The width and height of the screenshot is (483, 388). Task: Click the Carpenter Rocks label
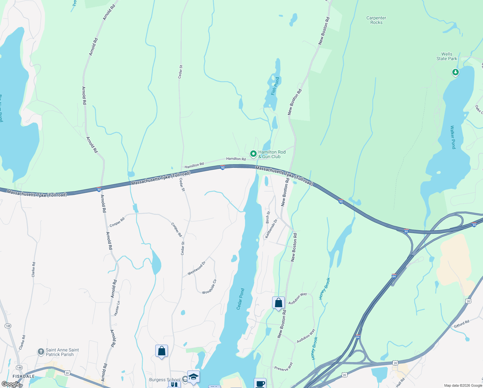(376, 20)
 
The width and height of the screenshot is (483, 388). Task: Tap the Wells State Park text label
(447, 57)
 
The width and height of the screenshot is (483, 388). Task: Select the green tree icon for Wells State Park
(455, 72)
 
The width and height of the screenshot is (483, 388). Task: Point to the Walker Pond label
(453, 137)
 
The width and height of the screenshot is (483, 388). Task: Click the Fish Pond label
(275, 86)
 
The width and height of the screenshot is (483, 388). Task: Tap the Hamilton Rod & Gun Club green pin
(253, 154)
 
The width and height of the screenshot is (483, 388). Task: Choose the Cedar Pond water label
(241, 299)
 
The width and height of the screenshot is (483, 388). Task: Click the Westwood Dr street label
(196, 268)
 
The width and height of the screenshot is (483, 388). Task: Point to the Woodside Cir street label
(209, 287)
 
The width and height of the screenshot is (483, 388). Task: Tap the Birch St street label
(268, 217)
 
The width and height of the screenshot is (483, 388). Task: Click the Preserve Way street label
(284, 367)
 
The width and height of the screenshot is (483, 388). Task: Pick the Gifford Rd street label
(461, 324)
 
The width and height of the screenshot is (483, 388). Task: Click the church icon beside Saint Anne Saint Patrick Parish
(41, 352)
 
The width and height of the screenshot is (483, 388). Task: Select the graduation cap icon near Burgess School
(193, 377)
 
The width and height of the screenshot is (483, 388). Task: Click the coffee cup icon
(260, 383)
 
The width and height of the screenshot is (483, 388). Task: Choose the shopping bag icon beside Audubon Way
(278, 303)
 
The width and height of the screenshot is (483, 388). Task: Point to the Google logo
(11, 384)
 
